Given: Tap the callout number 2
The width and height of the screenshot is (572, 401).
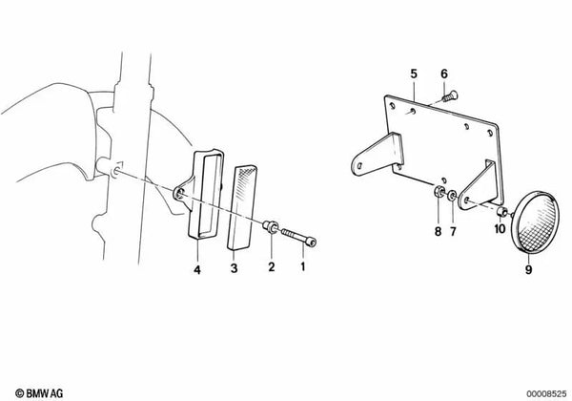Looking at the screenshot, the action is click(270, 269).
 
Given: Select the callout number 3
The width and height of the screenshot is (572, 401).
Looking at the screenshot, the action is click(234, 269).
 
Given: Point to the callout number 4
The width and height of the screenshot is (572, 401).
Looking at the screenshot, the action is click(198, 269).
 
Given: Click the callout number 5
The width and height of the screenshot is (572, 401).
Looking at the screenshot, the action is click(414, 74).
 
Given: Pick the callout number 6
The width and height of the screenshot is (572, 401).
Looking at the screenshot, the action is click(444, 74).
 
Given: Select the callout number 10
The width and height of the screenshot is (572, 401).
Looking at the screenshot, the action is click(500, 228).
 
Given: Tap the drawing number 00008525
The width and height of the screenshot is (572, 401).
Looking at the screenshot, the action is click(542, 391).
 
